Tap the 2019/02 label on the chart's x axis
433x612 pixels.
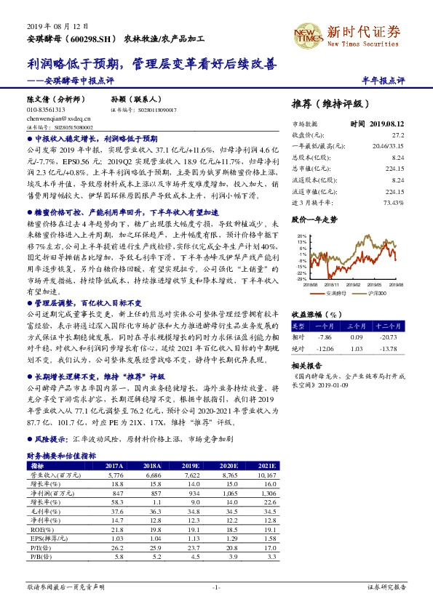tap(353, 286)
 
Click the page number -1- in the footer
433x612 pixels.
tap(216, 586)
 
